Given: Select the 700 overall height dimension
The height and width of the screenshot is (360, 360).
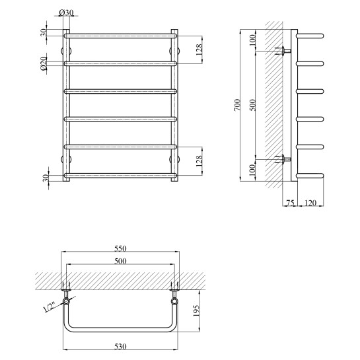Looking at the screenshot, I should (x=238, y=106).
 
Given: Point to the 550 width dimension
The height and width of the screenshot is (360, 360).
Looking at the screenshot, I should (x=120, y=248).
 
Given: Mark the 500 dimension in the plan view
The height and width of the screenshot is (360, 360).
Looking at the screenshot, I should (x=120, y=262).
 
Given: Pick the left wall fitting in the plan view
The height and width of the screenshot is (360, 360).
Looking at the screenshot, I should (x=66, y=289).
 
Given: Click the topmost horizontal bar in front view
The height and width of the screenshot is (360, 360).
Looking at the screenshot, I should (x=120, y=35).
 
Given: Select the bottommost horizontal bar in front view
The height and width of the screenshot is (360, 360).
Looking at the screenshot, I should (x=120, y=175).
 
